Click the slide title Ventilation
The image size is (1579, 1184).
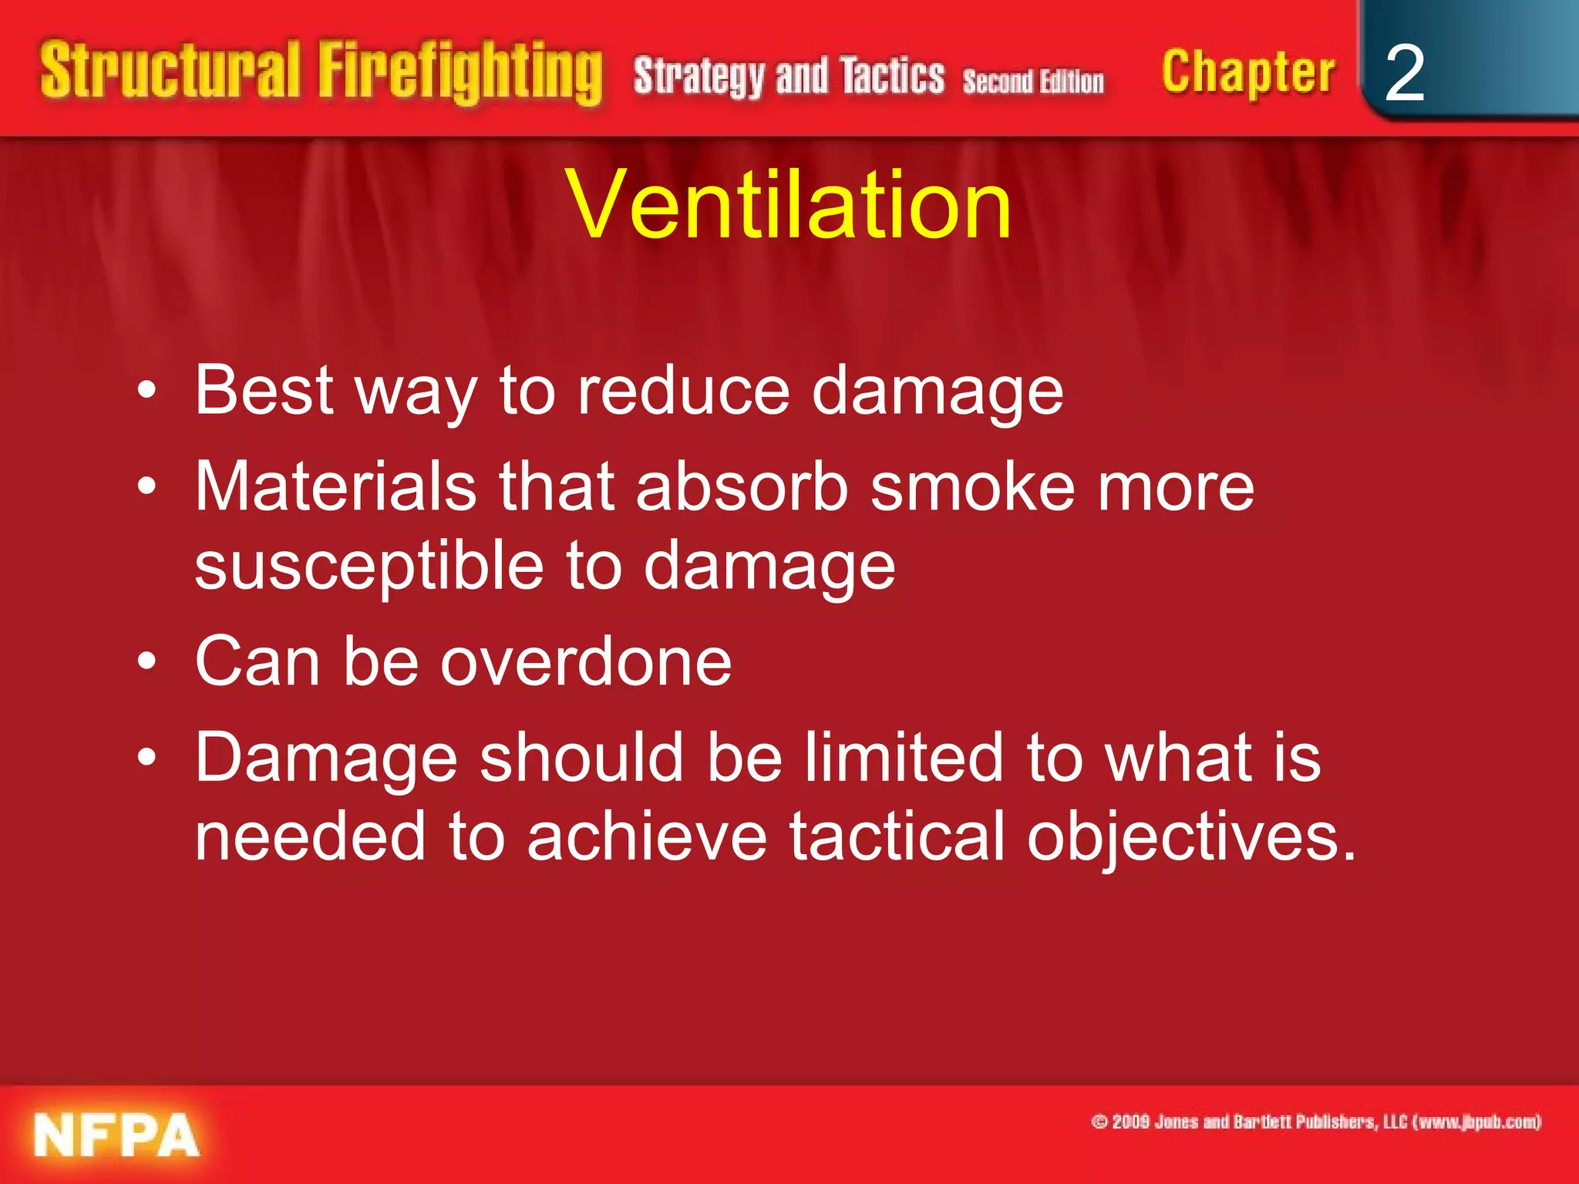788,205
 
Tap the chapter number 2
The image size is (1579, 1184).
1404,74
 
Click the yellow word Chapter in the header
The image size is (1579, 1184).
1247,73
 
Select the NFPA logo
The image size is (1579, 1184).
116,1135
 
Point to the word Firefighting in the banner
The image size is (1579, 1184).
460,73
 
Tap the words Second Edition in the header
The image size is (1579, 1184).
1033,81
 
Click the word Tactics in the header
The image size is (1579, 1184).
892,76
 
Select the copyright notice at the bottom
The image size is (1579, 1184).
1316,1122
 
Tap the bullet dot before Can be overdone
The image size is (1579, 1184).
146,661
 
